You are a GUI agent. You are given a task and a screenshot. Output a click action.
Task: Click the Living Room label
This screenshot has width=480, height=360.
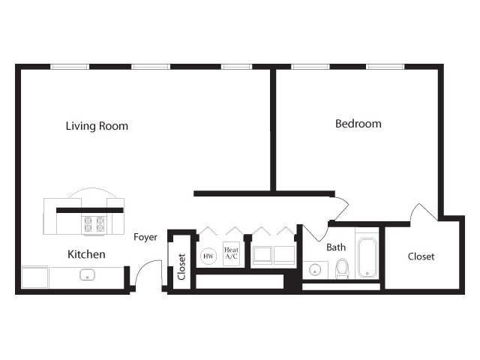coord(97,126)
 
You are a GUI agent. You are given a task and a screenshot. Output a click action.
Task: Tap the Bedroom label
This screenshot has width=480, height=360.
coord(358,124)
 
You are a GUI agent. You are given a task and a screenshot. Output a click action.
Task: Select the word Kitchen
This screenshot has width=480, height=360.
coord(86,254)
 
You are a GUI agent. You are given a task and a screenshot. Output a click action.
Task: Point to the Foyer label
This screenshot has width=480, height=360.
coord(145,237)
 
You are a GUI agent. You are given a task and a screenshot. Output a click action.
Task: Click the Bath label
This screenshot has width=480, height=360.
coord(336,247)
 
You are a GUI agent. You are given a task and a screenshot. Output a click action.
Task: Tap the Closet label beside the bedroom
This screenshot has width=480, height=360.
coord(421,256)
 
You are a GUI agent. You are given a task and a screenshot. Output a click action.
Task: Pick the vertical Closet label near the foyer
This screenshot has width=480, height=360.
coord(181,266)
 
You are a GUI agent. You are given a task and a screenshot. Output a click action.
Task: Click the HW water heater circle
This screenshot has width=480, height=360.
coord(208,256)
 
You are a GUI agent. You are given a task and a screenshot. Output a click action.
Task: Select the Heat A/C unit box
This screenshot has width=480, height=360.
coord(231,254)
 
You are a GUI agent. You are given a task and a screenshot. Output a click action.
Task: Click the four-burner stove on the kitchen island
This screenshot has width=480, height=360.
coord(94,224)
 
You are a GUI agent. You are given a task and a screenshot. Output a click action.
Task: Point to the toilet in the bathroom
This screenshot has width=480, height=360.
coord(342,268)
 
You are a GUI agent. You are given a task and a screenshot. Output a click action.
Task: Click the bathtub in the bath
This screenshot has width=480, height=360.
coord(367,258)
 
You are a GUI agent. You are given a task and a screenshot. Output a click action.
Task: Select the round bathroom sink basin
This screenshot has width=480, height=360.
coord(313,270)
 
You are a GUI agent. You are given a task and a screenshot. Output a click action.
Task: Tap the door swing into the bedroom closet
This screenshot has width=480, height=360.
coord(424,211)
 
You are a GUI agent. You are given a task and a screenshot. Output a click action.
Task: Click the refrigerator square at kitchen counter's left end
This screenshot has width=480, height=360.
coord(34,277)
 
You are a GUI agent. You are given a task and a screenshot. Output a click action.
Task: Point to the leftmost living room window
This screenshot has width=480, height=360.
coord(70,67)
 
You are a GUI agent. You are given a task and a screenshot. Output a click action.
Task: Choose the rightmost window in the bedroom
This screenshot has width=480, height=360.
coord(385,67)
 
